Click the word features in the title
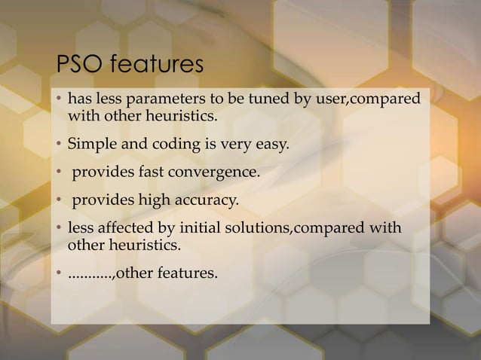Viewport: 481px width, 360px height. [x=155, y=66]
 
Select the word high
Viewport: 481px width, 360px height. [x=149, y=201]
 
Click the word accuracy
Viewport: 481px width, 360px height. [x=201, y=201]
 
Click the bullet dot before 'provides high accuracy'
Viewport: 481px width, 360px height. [x=59, y=202]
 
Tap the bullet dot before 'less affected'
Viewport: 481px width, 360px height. [x=59, y=230]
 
